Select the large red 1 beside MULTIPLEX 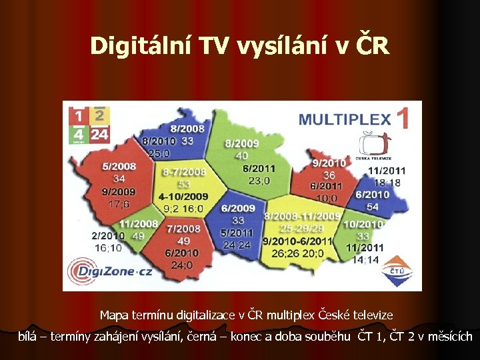coord(403,119)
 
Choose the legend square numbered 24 coord(99,134)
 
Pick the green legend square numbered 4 coord(79,134)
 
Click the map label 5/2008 coord(119,166)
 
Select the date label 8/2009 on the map coord(242,143)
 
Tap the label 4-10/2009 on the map coord(183,197)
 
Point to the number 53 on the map coord(183,184)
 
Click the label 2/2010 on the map coord(107,235)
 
